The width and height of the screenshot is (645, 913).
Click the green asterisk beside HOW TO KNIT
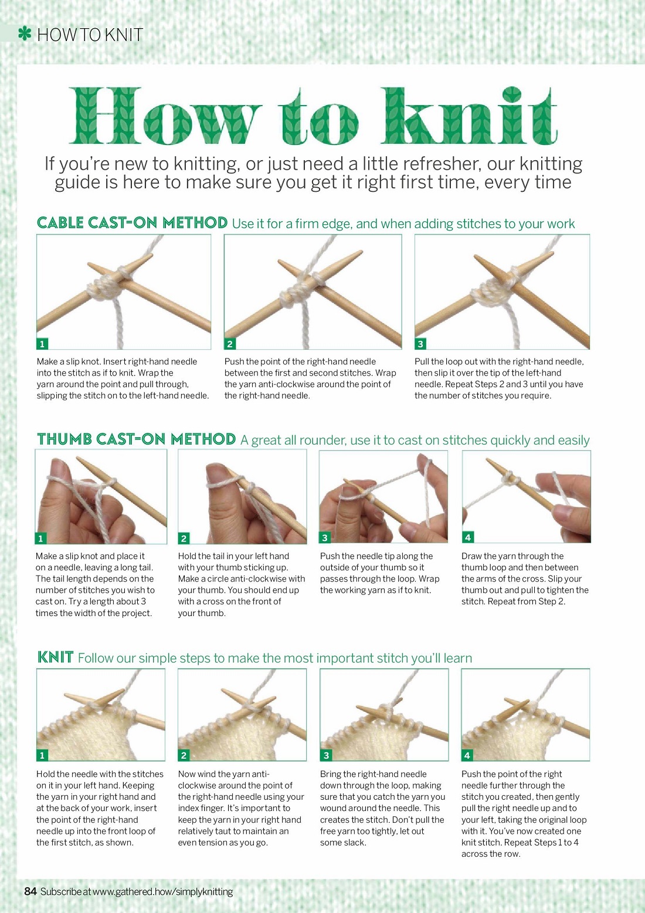[x=25, y=34]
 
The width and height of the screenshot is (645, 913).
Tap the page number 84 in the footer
[x=30, y=891]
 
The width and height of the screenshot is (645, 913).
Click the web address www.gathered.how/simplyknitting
[x=163, y=892]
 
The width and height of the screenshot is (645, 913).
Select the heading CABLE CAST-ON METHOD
[x=132, y=222]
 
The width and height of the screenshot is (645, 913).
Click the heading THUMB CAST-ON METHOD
[x=137, y=439]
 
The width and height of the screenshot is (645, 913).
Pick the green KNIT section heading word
[x=55, y=657]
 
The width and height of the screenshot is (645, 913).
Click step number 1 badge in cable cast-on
[x=42, y=344]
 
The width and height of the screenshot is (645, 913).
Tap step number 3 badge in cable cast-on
[x=420, y=344]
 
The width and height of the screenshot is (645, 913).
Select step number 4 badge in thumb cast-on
[x=467, y=537]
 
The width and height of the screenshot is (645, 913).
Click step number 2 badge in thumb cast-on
[x=184, y=538]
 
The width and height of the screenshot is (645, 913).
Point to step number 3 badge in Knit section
[x=326, y=755]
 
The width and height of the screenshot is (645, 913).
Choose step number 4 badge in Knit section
[x=467, y=755]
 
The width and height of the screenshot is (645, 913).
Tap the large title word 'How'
[x=166, y=116]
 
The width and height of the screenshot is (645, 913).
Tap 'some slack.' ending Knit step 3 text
[x=343, y=843]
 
